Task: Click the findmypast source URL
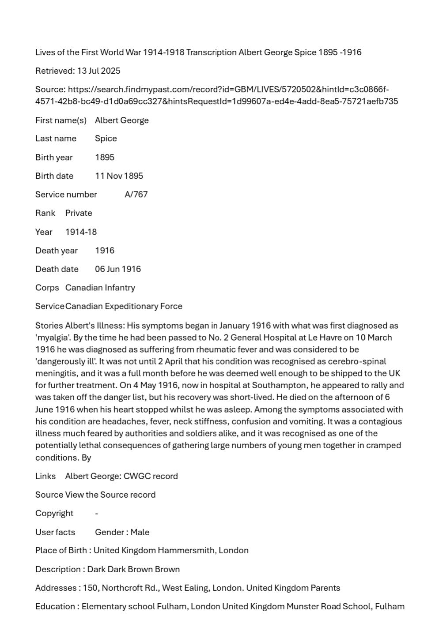[x=216, y=95]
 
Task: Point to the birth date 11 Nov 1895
[x=119, y=176]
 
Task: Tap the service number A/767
[x=136, y=195]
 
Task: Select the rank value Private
[x=79, y=213]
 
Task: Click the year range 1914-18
[x=81, y=232]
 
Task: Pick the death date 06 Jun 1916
[x=118, y=269]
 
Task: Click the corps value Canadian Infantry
[x=100, y=288]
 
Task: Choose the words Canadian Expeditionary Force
[x=124, y=306]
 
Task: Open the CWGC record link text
[x=151, y=477]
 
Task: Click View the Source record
[x=110, y=495]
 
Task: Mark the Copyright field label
[x=54, y=514]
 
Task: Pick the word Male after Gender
[x=140, y=533]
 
